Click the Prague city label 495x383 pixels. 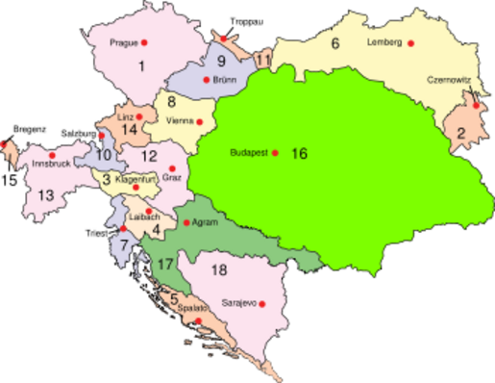[123, 43]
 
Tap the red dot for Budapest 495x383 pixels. [275, 153]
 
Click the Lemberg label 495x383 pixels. [384, 43]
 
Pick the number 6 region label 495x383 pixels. [335, 42]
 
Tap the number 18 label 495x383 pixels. [220, 270]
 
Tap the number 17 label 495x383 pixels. [167, 263]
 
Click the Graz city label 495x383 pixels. [173, 176]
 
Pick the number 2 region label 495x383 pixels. [460, 134]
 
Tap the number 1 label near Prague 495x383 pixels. [141, 66]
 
